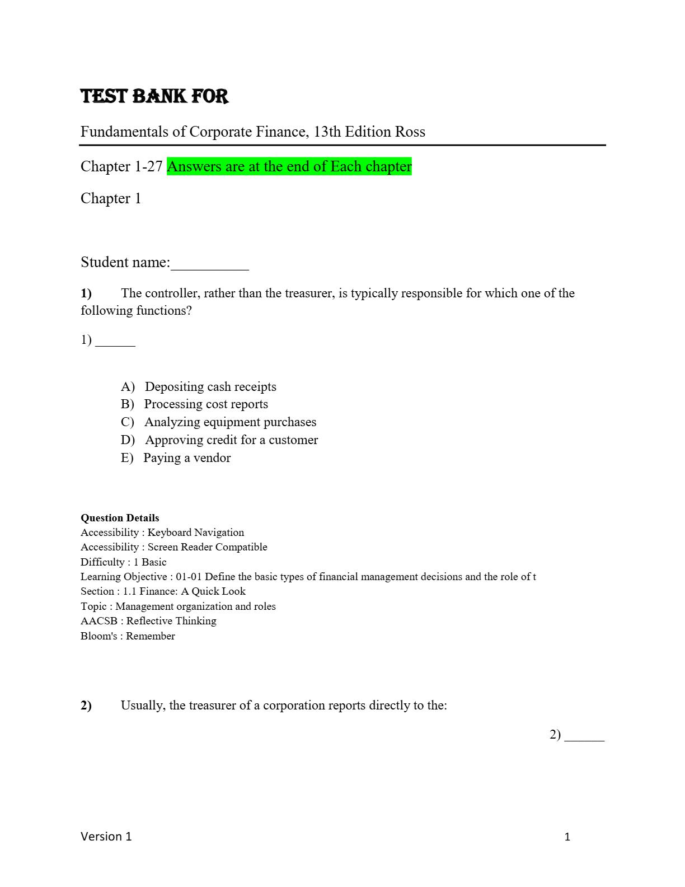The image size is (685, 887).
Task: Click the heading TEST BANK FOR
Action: [x=154, y=96]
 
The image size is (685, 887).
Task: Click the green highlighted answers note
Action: [x=289, y=166]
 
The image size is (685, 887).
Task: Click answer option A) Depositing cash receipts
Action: [x=199, y=386]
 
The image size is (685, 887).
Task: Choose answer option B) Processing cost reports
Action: [x=194, y=404]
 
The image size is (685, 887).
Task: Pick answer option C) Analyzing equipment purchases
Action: [x=218, y=422]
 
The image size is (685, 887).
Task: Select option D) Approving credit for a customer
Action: [x=219, y=440]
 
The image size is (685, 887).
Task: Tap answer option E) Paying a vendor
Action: [x=176, y=457]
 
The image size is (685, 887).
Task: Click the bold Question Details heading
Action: [x=120, y=518]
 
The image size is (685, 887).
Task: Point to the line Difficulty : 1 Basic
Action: [x=123, y=562]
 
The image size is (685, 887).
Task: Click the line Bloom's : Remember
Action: [x=128, y=636]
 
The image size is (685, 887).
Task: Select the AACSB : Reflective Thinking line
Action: [x=148, y=620]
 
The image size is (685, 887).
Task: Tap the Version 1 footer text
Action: [x=106, y=837]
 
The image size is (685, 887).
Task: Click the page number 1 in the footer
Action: [x=567, y=837]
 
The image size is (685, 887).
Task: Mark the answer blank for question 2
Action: [x=584, y=736]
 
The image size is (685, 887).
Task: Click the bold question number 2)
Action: [x=86, y=705]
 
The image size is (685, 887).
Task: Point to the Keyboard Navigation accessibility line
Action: [x=162, y=532]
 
